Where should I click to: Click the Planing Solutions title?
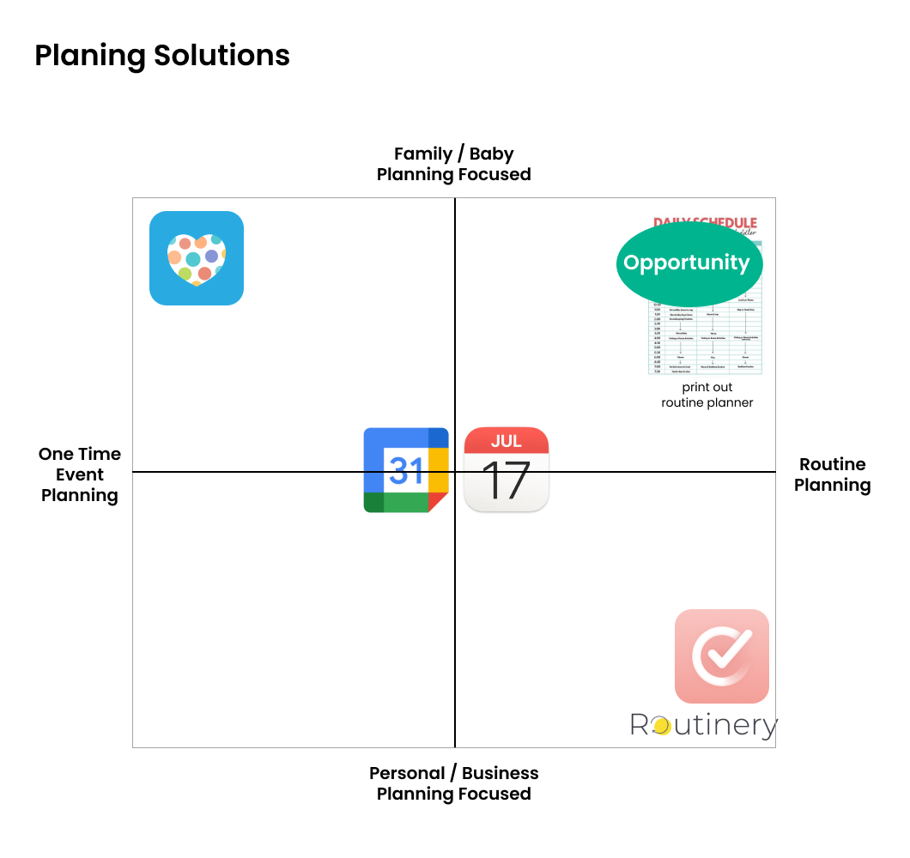point(162,56)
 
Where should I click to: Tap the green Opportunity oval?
point(687,263)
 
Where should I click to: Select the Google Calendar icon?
point(406,469)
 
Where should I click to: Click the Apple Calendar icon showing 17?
point(507,469)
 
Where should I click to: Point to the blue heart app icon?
point(197,258)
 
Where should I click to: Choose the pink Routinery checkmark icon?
point(722,656)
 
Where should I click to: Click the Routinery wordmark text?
point(704,726)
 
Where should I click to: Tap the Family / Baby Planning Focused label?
point(453,165)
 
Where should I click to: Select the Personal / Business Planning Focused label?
point(453,783)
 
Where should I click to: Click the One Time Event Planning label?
point(80,474)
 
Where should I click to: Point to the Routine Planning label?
point(832,474)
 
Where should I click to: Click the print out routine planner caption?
point(707,395)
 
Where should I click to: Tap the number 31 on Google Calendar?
point(406,470)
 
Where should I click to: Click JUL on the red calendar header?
point(507,441)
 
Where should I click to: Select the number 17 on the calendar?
point(507,480)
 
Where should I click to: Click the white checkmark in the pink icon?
point(725,655)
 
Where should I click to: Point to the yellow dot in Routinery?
point(661,727)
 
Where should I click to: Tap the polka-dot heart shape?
point(197,259)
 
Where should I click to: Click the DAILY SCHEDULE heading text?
point(706,223)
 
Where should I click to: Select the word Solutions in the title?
point(222,56)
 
